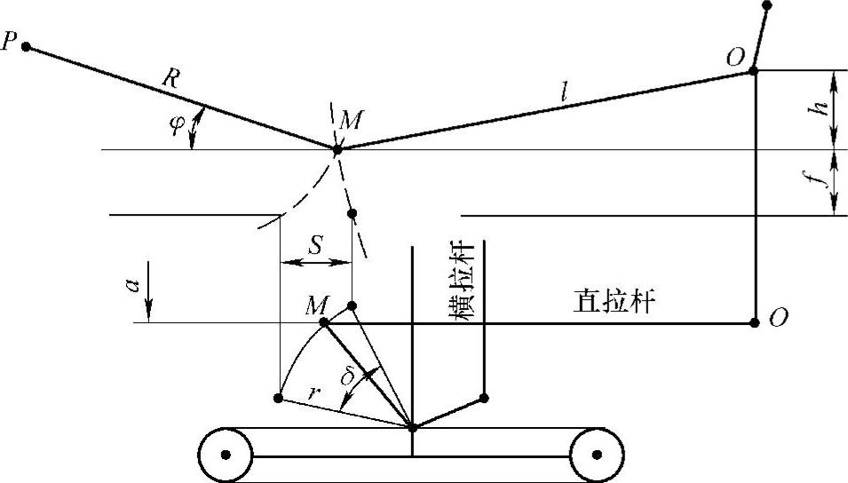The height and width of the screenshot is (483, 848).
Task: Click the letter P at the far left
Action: click(10, 43)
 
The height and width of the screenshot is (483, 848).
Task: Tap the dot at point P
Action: click(27, 46)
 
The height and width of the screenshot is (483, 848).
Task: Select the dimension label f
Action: click(825, 181)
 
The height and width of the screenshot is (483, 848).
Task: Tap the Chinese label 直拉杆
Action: click(615, 303)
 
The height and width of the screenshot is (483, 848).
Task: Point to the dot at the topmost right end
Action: click(767, 5)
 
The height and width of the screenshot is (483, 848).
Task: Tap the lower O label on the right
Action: click(779, 320)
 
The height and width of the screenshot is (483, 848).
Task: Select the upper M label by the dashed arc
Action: click(350, 121)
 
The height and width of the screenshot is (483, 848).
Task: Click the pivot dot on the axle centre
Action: click(413, 428)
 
